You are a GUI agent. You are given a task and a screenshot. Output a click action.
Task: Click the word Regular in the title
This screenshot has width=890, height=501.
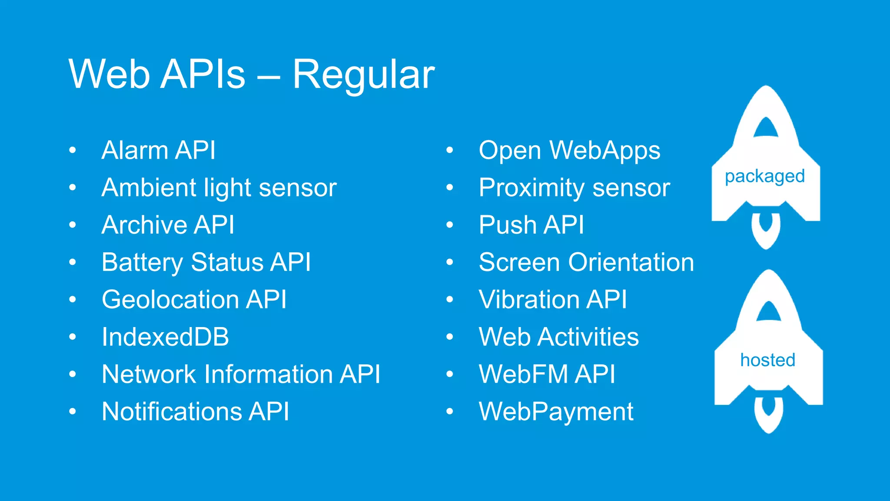[363, 75]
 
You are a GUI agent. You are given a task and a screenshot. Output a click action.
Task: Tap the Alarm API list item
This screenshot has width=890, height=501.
[159, 150]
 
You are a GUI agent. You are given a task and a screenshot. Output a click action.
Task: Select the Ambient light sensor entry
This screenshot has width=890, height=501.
[219, 188]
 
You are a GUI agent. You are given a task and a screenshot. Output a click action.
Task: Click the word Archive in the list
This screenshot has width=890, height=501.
[143, 225]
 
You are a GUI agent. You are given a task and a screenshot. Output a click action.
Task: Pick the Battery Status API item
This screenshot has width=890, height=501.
[206, 263]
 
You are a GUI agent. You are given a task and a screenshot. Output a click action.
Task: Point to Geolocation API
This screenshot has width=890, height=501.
[194, 300]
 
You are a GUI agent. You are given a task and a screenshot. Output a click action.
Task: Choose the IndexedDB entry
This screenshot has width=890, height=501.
[165, 337]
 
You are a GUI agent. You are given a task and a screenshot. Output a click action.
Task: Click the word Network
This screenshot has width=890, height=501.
[149, 374]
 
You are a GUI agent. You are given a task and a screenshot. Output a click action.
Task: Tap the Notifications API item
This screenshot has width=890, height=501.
[195, 412]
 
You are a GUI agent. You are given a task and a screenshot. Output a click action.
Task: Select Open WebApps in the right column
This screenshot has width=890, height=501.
[569, 150]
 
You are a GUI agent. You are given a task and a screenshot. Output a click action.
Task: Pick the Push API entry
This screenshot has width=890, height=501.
[531, 225]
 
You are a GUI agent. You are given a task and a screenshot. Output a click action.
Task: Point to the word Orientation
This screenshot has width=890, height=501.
[631, 263]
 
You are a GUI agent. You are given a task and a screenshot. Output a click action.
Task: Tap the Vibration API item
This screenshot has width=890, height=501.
[553, 300]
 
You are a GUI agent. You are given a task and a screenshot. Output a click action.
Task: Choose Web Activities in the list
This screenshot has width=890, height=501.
[559, 337]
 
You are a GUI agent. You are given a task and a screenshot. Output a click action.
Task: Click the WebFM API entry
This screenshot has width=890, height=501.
[547, 374]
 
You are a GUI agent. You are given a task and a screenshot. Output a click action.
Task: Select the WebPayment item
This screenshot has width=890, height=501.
[556, 412]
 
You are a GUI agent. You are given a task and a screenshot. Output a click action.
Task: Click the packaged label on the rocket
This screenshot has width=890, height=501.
[765, 177]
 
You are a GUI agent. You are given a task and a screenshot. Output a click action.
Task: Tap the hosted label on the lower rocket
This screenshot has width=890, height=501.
[768, 360]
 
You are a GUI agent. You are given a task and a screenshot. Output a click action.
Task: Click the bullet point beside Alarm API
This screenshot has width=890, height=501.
[73, 150]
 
